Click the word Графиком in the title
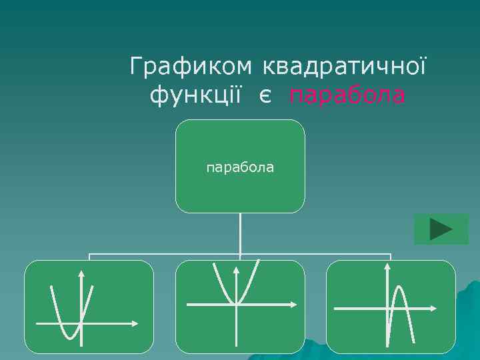191,67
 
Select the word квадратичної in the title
345,67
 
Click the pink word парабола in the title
347,96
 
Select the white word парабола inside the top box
240,167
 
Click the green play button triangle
441,229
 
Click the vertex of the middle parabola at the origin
236,303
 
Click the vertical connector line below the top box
240,233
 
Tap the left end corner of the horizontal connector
90,255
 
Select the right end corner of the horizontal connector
391,255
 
